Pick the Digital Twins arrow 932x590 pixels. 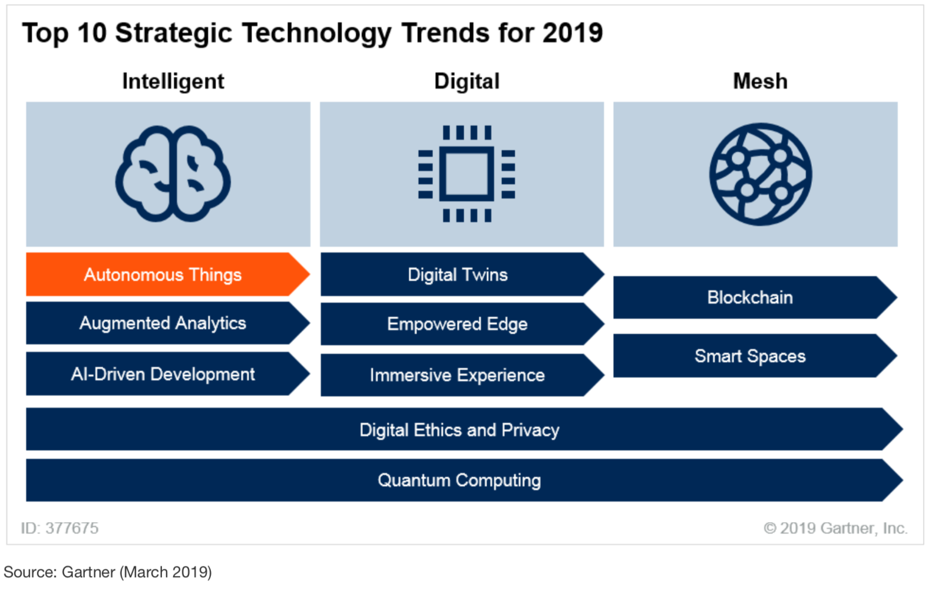tap(462, 274)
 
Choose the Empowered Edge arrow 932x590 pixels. tap(462, 324)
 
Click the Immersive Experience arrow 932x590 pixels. tap(462, 375)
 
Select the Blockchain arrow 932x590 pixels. tap(755, 297)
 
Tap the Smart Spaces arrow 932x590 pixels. tap(755, 356)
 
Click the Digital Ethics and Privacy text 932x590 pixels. tap(460, 430)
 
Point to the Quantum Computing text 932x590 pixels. tap(460, 480)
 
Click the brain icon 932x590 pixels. tap(173, 174)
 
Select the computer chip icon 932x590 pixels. tap(467, 174)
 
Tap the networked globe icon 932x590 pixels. tap(761, 174)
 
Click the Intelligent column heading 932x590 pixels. tap(173, 82)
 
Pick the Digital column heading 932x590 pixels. tap(467, 82)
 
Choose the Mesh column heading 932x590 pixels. tap(760, 81)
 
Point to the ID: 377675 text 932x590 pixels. tap(60, 528)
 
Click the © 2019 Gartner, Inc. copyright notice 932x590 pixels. tap(835, 528)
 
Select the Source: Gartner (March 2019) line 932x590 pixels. tap(108, 572)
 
